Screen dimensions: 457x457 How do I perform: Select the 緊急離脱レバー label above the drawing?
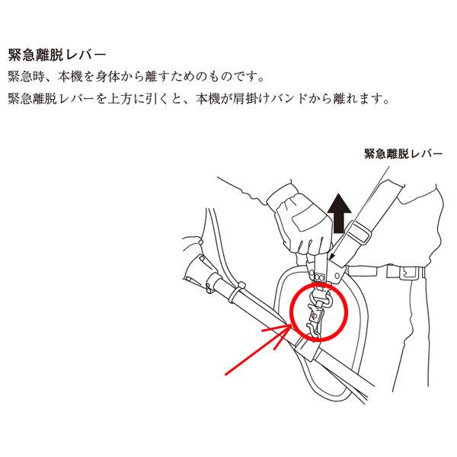(x=404, y=153)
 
